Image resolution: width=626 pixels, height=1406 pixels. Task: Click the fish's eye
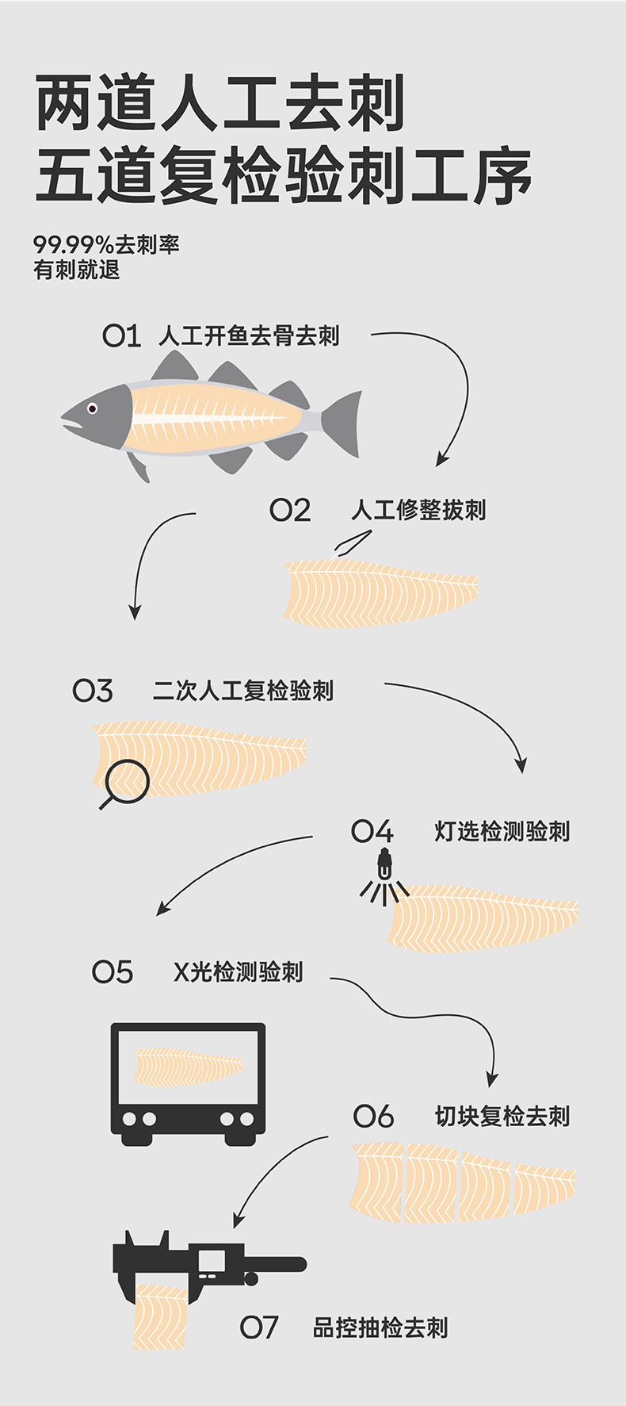pos(92,408)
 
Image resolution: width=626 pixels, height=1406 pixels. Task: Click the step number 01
pos(121,336)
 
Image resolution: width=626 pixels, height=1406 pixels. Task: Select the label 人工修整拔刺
pos(418,510)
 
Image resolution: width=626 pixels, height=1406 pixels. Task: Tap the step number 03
pos(93,691)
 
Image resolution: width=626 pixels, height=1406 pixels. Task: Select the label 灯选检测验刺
pos(502,831)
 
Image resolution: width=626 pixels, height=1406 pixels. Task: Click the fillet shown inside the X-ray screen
pos(189,1067)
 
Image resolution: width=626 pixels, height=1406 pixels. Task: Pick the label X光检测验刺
pos(238,971)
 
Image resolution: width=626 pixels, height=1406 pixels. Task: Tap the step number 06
pos(373,1117)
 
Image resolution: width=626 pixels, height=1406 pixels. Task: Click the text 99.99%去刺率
pos(106,245)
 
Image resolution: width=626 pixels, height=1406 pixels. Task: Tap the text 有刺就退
pos(76,270)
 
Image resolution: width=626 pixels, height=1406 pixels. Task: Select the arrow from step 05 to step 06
pos(428,1015)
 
